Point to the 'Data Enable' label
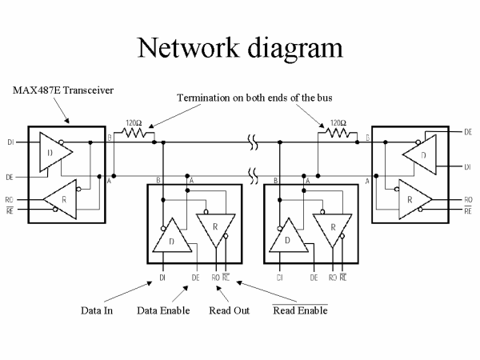(163, 310)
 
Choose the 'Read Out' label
(226, 310)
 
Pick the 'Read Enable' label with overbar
(300, 310)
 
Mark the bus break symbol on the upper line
(253, 145)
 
